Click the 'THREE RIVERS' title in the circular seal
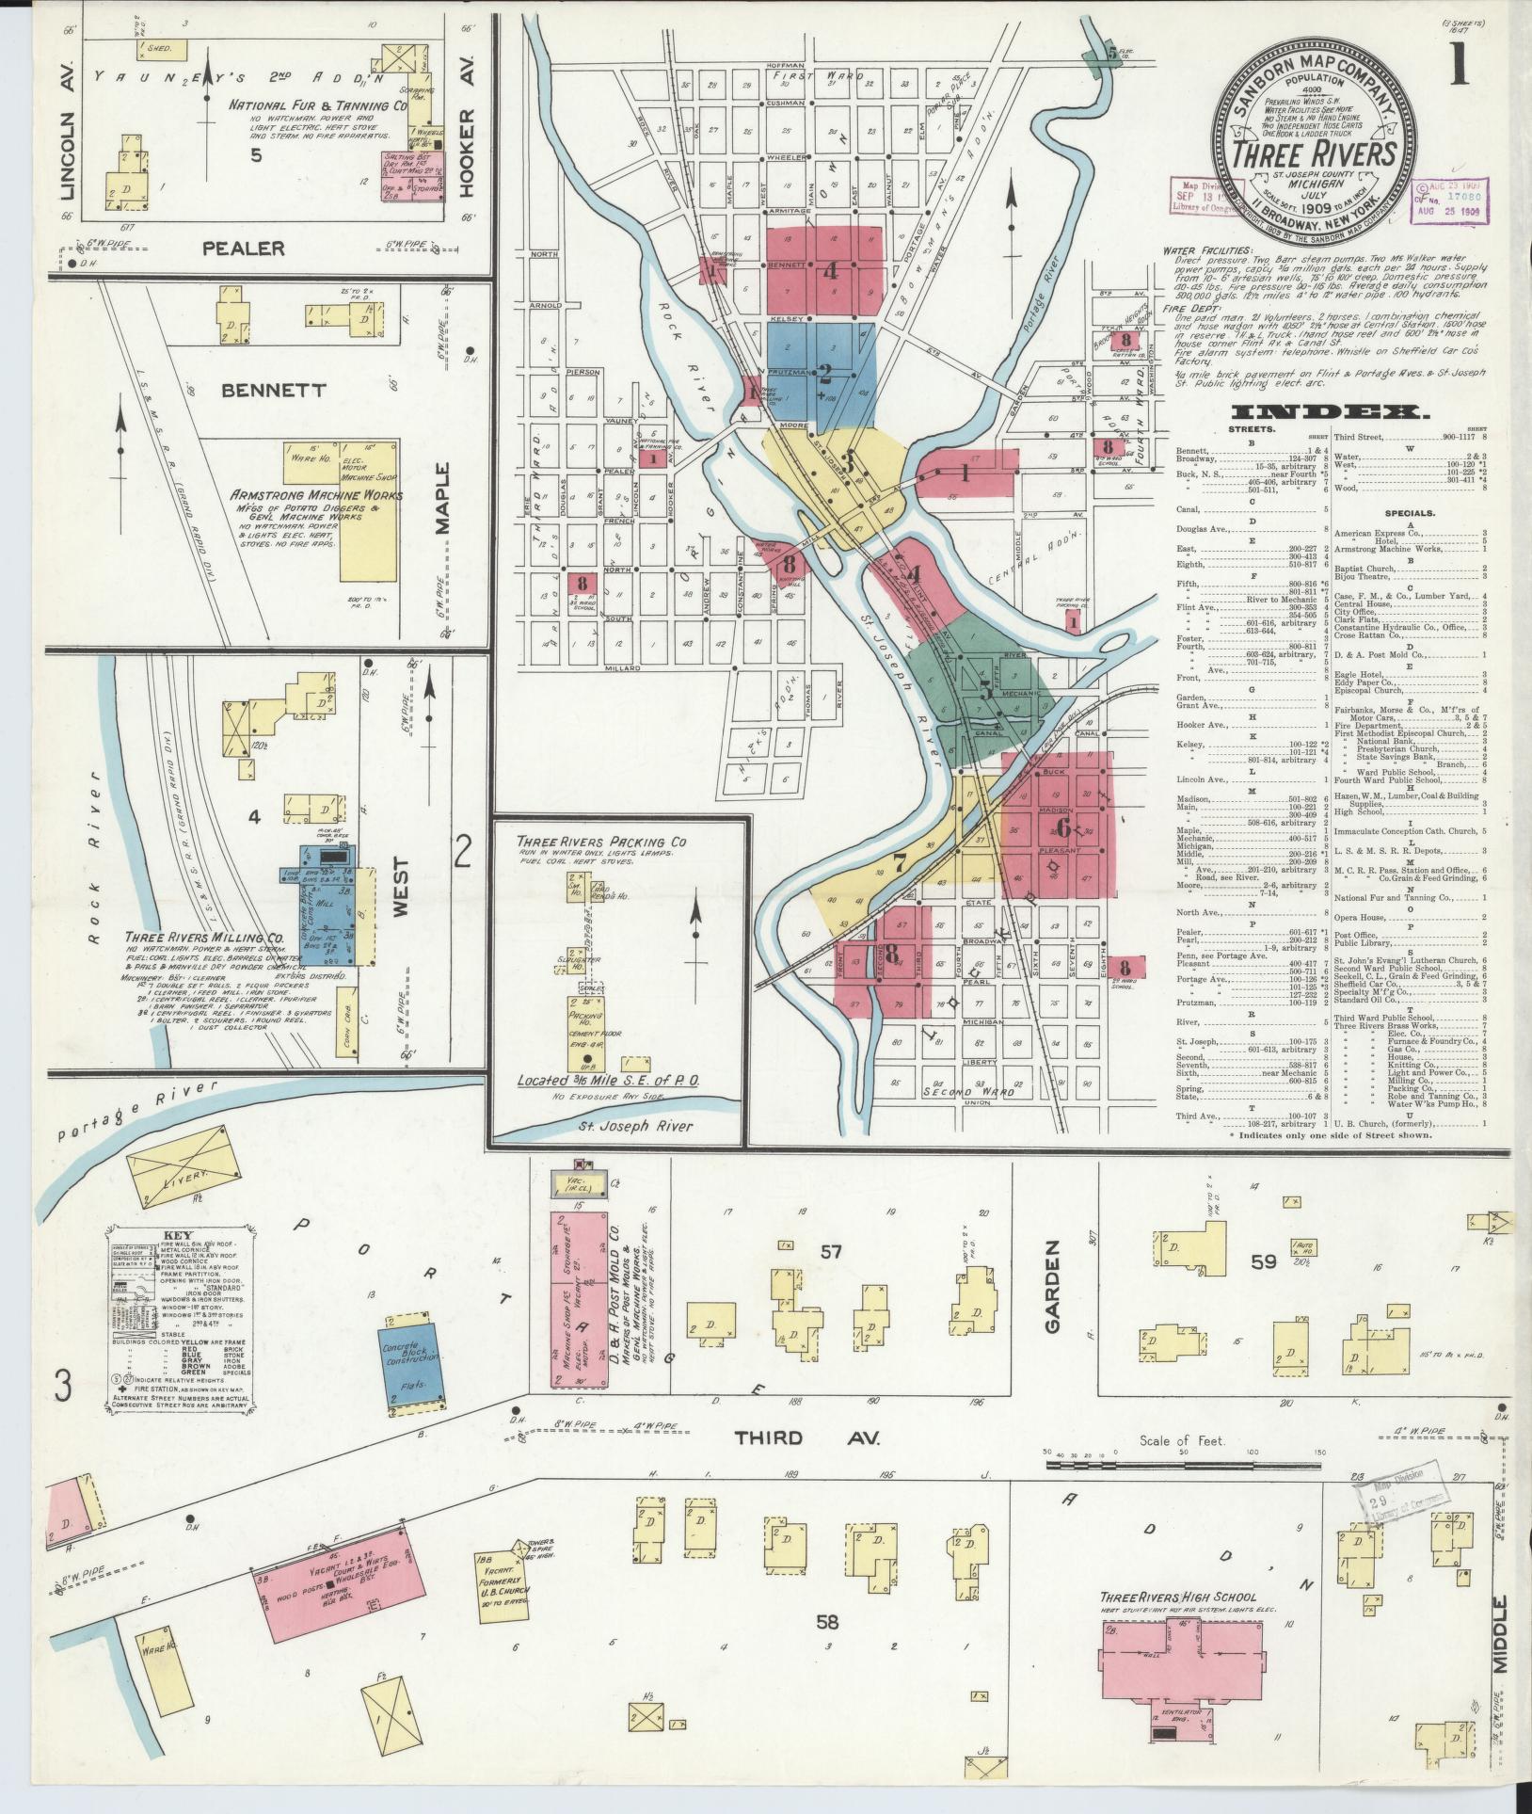pyautogui.click(x=1315, y=153)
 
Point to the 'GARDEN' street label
pyautogui.click(x=1051, y=1298)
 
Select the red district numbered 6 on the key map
pyautogui.click(x=1062, y=827)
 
